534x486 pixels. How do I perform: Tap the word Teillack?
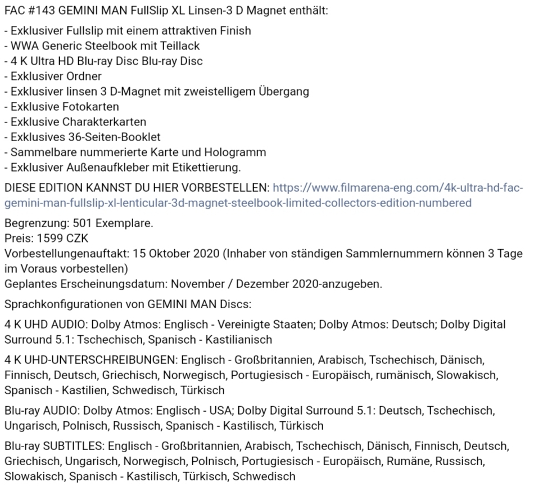[x=180, y=46]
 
